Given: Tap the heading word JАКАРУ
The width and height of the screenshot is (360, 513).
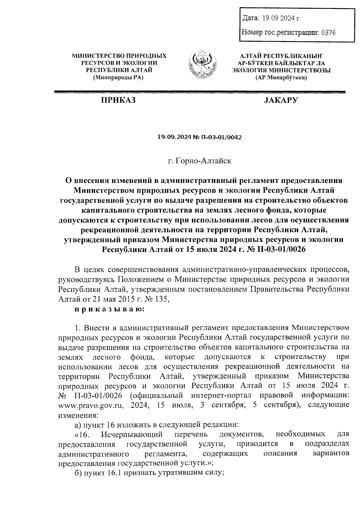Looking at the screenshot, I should (x=280, y=100).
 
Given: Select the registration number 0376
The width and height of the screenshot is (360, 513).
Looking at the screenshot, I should (x=328, y=32).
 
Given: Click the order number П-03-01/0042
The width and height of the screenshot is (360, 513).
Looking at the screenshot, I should (x=220, y=137).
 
